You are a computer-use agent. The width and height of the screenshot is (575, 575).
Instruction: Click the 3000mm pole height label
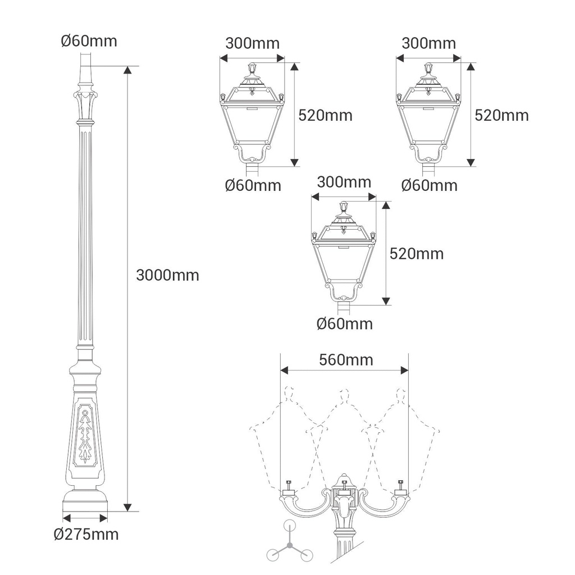tap(167, 275)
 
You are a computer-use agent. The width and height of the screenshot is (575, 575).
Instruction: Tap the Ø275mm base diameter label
tap(86, 535)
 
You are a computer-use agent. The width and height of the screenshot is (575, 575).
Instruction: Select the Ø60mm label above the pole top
tap(89, 40)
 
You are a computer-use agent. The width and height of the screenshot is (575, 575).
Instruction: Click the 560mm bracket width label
tap(346, 360)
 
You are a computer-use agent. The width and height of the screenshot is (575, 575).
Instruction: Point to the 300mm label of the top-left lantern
tap(252, 43)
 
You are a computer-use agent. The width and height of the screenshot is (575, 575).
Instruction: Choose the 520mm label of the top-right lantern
tap(501, 115)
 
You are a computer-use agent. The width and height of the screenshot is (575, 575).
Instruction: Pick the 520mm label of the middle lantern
tap(417, 254)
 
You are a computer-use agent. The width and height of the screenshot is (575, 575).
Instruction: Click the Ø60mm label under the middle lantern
tap(345, 324)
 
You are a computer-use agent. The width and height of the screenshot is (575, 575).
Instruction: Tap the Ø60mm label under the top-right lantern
tap(430, 185)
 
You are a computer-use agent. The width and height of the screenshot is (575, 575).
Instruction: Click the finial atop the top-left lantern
tap(252, 68)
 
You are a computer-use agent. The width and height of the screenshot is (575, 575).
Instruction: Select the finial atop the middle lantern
tap(344, 207)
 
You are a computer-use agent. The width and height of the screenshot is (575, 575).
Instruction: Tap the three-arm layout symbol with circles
tap(290, 544)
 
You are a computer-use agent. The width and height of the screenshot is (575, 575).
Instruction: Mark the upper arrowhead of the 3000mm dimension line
tap(127, 70)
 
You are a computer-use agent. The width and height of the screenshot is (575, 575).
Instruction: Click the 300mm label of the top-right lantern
tap(428, 43)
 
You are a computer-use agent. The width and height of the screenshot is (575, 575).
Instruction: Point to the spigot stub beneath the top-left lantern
tap(252, 170)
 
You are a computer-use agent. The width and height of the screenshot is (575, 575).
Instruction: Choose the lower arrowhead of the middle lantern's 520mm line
tap(385, 301)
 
